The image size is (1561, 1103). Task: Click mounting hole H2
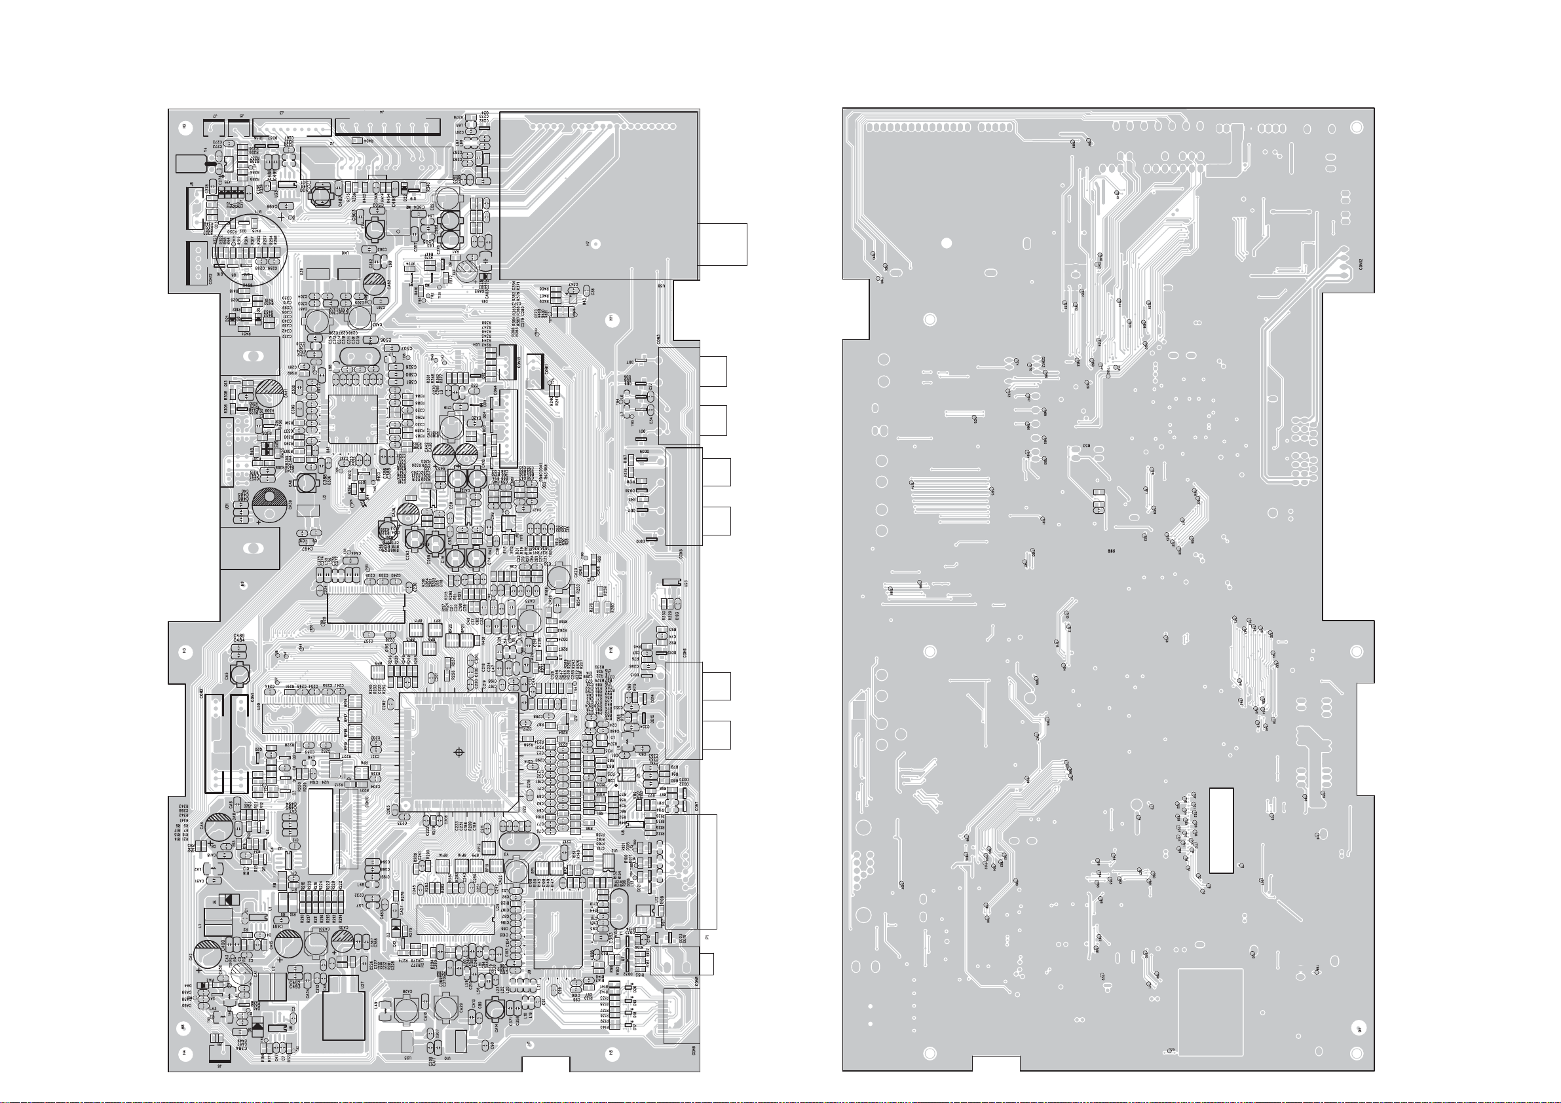184,126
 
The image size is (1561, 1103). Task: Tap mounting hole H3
184,651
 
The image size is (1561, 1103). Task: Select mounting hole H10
611,651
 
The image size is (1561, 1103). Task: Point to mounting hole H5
611,1053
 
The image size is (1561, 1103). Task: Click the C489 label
239,636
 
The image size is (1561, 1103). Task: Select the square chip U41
352,420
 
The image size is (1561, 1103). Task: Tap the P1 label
707,938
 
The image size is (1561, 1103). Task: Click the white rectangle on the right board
1221,830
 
